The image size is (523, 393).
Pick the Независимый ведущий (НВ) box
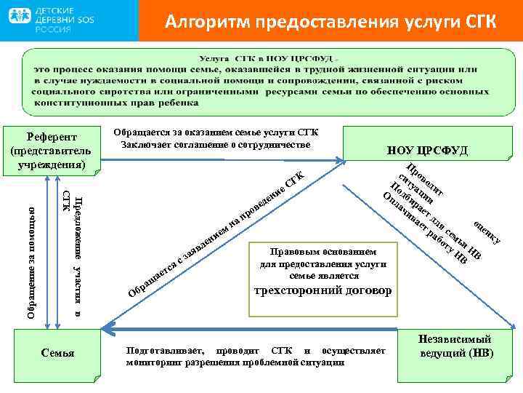(455, 346)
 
